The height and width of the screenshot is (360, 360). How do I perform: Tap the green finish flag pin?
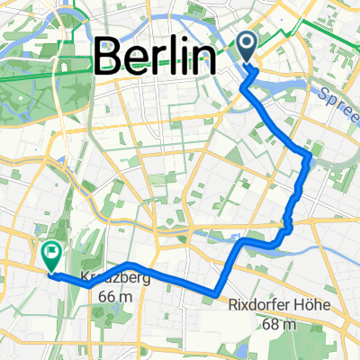tap(50, 255)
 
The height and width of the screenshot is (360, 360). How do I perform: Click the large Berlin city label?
tap(155, 58)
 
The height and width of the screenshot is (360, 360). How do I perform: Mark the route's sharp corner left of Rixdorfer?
tap(216, 292)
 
